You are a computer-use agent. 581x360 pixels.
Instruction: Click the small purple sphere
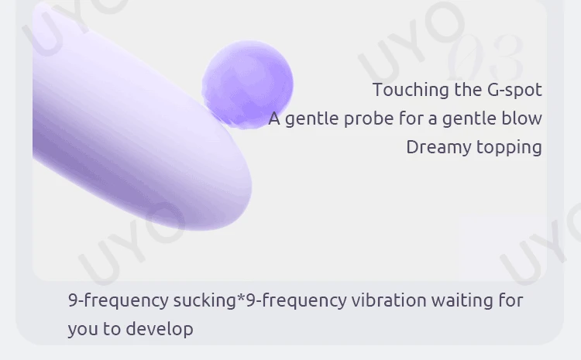pyautogui.click(x=248, y=83)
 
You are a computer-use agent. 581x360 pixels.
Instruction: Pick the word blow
pyautogui.click(x=524, y=118)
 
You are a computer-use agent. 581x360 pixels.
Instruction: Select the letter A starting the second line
pyautogui.click(x=274, y=118)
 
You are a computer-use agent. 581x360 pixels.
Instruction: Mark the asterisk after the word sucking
pyautogui.click(x=241, y=297)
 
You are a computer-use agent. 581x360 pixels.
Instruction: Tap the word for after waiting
pyautogui.click(x=511, y=300)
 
